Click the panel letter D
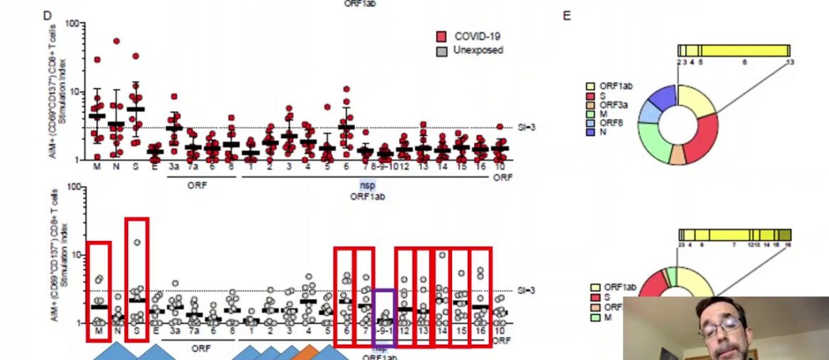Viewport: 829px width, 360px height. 47,16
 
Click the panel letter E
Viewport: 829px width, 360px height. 567,16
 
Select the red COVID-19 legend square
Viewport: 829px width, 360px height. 442,36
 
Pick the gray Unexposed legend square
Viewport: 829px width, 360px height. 442,50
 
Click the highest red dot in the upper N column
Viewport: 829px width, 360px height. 116,42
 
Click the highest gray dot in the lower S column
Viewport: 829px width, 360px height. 136,242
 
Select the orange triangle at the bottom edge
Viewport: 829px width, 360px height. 308,352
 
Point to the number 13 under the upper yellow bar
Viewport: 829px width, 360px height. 790,62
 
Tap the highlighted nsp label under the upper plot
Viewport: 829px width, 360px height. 367,185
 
